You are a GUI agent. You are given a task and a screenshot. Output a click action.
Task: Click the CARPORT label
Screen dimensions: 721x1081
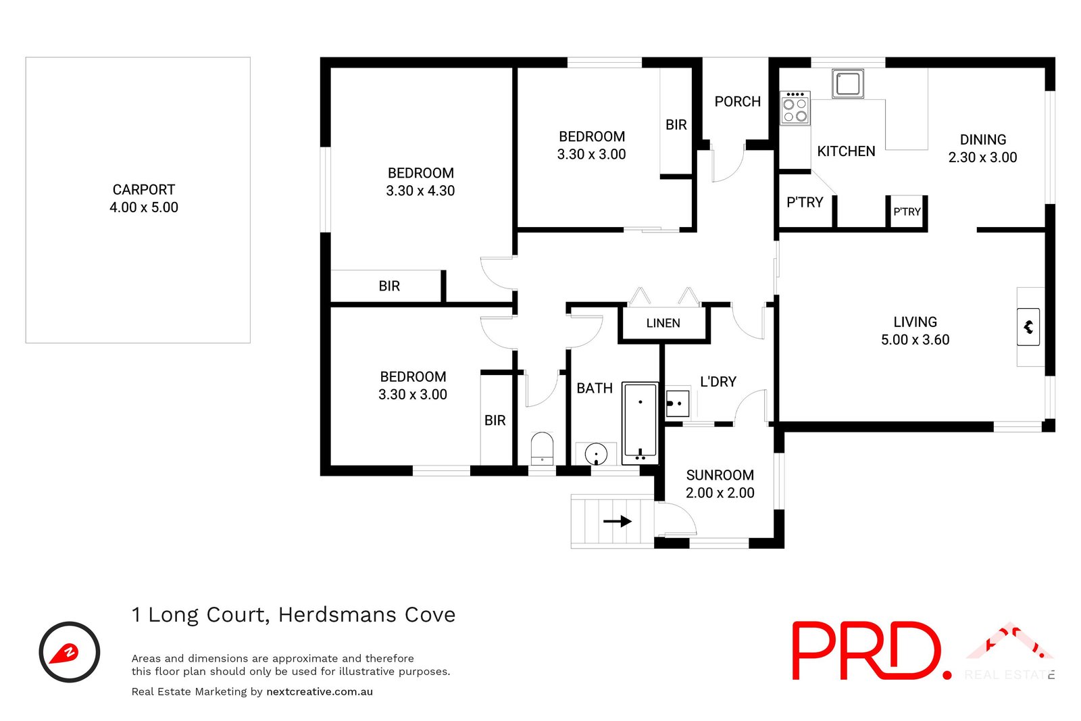point(143,190)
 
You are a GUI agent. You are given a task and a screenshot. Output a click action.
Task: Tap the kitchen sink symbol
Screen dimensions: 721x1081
point(847,84)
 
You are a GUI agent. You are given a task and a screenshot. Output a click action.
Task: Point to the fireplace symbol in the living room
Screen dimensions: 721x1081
point(1028,327)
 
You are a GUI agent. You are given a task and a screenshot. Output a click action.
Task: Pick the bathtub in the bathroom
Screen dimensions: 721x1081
point(640,423)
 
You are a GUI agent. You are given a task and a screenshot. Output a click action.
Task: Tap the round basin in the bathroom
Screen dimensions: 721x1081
point(596,453)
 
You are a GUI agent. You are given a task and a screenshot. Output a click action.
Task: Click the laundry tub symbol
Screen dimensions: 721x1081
point(677,403)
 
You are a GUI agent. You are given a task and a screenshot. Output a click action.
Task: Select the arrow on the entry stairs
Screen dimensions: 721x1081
point(617,521)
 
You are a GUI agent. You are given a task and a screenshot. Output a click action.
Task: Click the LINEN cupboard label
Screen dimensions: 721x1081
point(663,323)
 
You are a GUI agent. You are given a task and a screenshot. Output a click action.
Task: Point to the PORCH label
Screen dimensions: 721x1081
point(737,101)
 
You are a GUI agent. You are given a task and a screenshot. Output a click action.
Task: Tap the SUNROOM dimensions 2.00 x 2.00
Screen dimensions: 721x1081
point(720,493)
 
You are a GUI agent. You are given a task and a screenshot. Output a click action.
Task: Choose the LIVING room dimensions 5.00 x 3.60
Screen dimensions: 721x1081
point(915,340)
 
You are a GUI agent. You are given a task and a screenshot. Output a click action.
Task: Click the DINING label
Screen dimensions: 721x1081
point(982,140)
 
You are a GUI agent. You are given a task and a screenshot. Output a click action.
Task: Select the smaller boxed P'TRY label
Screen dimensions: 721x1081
point(907,212)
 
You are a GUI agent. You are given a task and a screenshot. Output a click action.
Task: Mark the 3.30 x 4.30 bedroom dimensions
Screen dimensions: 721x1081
point(420,191)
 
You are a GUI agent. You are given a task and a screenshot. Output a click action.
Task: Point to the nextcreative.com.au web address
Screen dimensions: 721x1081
point(320,691)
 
